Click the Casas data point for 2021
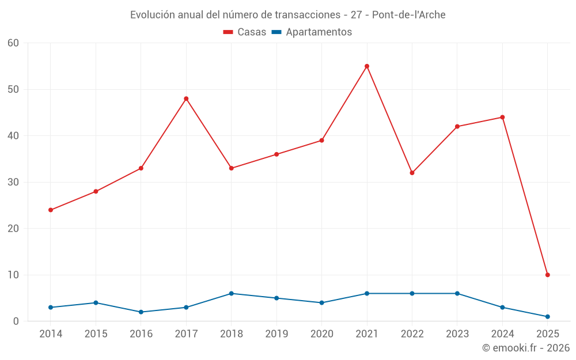pos(367,66)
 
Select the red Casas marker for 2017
pos(186,98)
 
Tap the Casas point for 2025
pos(547,275)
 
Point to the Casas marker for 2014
pos(51,210)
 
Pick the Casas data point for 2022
pos(412,173)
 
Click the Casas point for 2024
pos(502,117)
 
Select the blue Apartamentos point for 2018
pos(232,293)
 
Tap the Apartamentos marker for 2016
pos(141,312)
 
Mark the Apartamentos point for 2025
pos(547,316)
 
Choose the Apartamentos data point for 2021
pos(367,293)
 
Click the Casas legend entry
pos(245,32)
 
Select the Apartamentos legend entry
pos(312,32)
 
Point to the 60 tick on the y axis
pos(14,43)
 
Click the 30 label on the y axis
pos(14,182)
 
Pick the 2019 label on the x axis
pos(276,334)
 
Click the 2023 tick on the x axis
pos(457,334)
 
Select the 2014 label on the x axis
pos(51,334)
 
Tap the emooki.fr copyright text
pos(526,348)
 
